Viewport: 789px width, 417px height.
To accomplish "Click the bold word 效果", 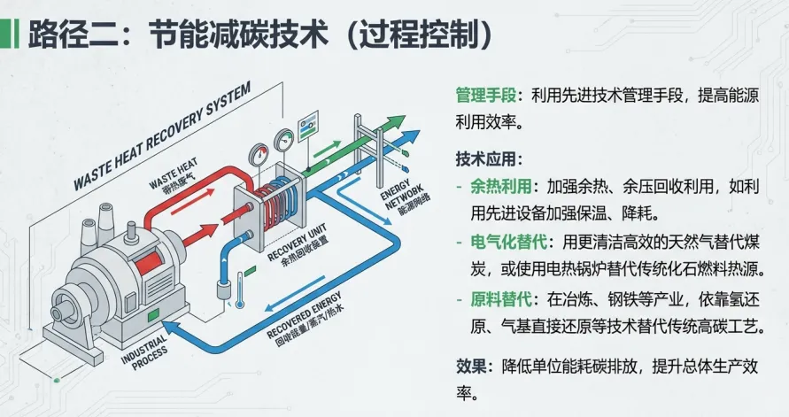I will click(470, 366).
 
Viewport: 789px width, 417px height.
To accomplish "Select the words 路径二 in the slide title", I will click(66, 35).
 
